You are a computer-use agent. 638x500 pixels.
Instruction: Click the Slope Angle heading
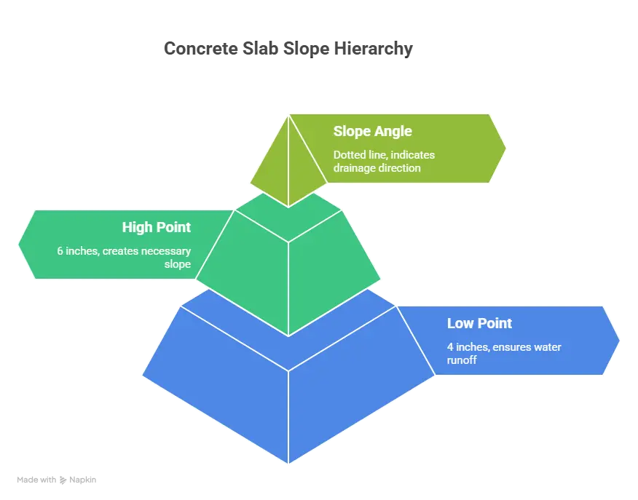(x=372, y=132)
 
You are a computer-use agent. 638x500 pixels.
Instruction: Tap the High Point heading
(x=156, y=227)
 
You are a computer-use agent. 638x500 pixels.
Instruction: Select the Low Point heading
(x=479, y=323)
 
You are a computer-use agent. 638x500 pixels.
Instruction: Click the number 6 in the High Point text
(x=60, y=251)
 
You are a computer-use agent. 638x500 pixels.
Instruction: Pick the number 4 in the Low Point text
(x=450, y=347)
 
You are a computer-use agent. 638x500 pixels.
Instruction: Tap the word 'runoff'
(x=462, y=360)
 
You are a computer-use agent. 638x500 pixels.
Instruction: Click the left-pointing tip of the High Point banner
(x=19, y=244)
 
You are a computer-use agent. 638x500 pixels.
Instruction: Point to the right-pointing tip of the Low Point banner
(x=619, y=341)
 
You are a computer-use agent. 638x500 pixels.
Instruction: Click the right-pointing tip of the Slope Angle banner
(x=505, y=148)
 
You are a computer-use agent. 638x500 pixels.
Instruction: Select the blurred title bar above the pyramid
(x=288, y=49)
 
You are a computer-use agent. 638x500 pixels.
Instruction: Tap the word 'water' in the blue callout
(x=546, y=347)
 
